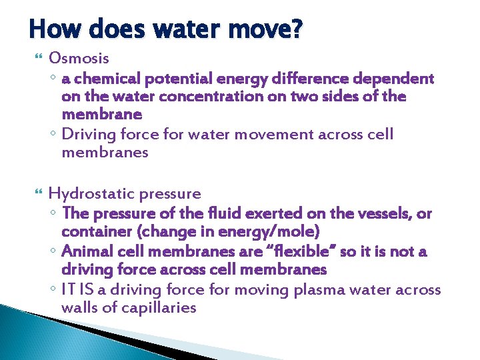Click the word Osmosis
point(79,58)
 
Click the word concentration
point(207,97)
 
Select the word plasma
point(301,289)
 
